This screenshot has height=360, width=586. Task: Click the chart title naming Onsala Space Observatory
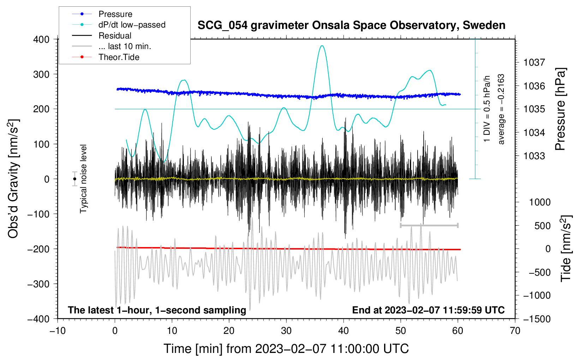pyautogui.click(x=351, y=25)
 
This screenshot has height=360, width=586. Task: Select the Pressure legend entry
pyautogui.click(x=115, y=14)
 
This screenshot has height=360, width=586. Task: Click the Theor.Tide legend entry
pyautogui.click(x=119, y=57)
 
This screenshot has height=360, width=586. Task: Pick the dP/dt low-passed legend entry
pyautogui.click(x=132, y=25)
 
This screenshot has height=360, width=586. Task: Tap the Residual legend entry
pyautogui.click(x=115, y=36)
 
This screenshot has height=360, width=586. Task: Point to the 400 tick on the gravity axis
pyautogui.click(x=41, y=40)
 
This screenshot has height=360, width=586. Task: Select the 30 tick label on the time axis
pyautogui.click(x=286, y=331)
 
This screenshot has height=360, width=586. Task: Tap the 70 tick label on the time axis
pyautogui.click(x=515, y=331)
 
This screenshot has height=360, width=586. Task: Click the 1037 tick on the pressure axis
pyautogui.click(x=534, y=62)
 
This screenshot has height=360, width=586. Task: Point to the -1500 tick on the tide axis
pyautogui.click(x=537, y=319)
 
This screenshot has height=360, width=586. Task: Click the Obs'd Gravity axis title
pyautogui.click(x=13, y=179)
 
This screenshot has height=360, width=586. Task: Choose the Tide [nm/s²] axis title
pyautogui.click(x=566, y=248)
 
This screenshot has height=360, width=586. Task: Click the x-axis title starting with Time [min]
pyautogui.click(x=286, y=349)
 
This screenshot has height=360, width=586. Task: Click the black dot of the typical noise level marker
pyautogui.click(x=75, y=179)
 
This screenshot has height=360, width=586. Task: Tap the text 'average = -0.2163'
pyautogui.click(x=501, y=109)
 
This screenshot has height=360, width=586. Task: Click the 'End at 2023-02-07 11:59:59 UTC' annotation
pyautogui.click(x=428, y=310)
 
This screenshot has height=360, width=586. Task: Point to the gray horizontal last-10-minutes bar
pyautogui.click(x=429, y=225)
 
